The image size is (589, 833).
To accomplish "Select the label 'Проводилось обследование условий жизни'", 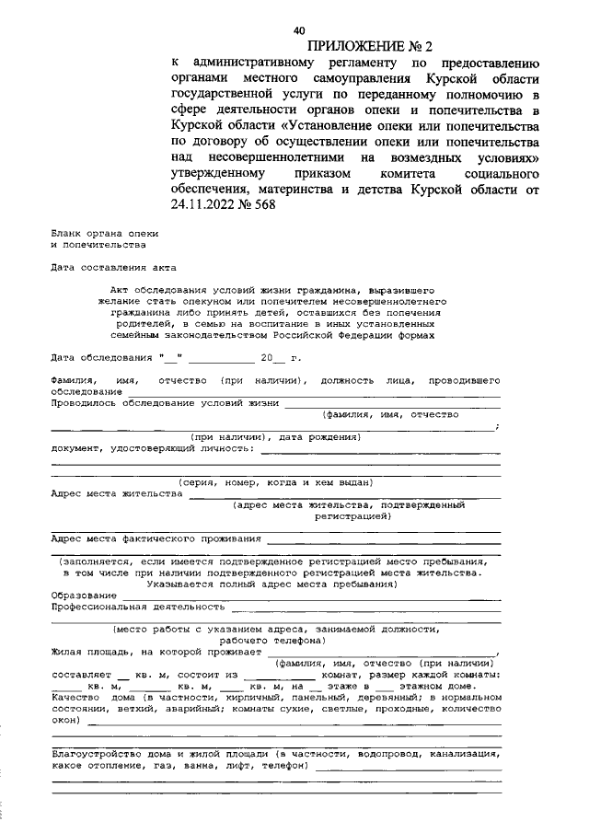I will (x=166, y=402).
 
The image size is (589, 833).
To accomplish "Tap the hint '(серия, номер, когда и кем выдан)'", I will (x=274, y=482).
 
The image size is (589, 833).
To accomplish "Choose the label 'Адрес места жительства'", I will (x=117, y=493).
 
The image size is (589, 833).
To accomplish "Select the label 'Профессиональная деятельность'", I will (x=138, y=607).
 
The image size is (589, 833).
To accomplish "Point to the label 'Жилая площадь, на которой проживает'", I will (x=156, y=652).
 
